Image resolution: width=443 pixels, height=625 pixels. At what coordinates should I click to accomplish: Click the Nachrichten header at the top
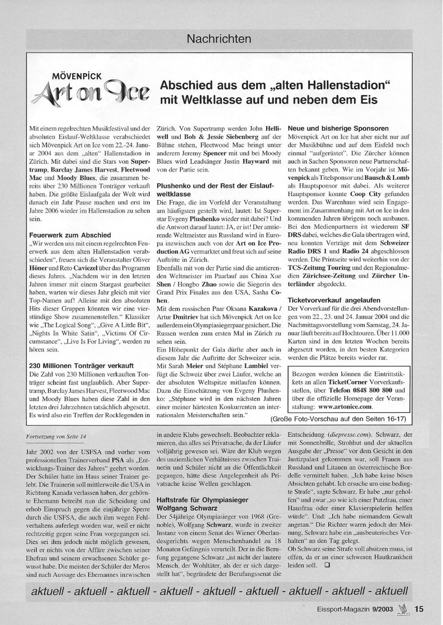pos(219,39)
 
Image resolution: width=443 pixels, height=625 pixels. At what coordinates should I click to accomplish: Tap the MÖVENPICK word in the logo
pos(78,76)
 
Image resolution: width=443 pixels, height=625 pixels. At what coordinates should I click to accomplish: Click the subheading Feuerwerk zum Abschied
pos(70,235)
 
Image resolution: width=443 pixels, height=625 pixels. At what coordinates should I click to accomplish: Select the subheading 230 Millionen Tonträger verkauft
pos(81,366)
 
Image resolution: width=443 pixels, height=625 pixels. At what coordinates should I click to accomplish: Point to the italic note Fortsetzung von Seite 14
pos(56,436)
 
